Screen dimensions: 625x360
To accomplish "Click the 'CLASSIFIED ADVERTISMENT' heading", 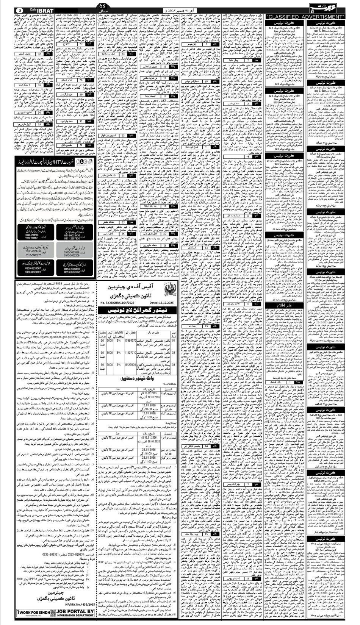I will (x=305, y=17).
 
